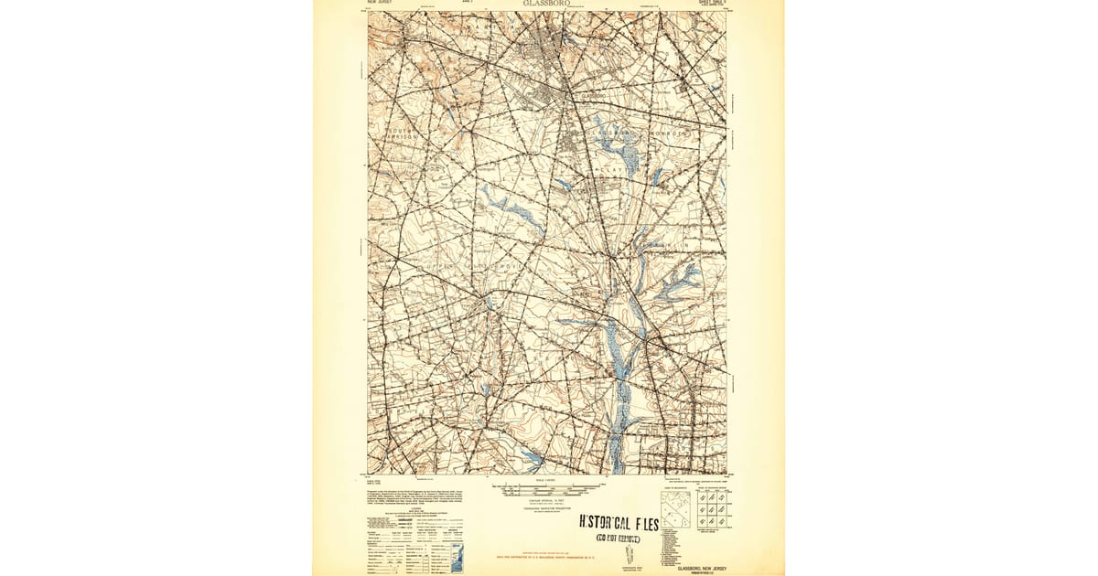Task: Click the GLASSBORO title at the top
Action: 547,4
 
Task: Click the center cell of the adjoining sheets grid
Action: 712,509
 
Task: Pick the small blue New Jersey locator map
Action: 457,556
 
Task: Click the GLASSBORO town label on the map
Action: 594,95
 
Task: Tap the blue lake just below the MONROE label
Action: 657,176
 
